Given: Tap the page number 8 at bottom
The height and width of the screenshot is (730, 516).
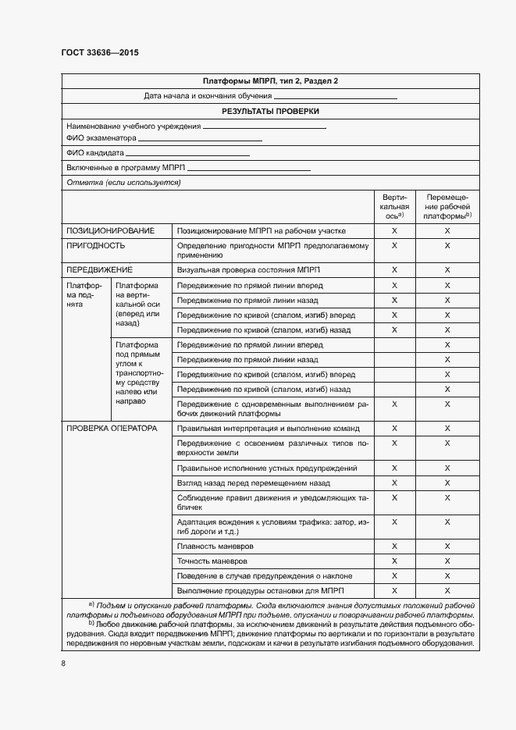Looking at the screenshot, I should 63,664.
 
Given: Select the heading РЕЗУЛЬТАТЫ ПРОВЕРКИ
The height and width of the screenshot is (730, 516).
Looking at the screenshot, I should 270,111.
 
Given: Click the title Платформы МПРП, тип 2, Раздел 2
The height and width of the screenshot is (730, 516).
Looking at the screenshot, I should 270,81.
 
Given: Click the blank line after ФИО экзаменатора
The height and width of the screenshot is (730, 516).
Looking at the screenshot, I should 199,140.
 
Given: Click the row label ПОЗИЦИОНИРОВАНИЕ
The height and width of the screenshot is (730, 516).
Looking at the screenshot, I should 110,231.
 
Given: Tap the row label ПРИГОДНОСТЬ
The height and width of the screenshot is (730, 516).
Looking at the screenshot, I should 96,245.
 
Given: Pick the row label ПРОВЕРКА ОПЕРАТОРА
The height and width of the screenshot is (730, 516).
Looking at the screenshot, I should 112,428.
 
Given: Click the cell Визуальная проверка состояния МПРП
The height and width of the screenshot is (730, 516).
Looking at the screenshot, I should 249,269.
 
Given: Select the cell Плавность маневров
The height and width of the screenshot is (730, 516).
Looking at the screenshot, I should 215,547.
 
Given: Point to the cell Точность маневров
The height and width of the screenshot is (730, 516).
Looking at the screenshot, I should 213,561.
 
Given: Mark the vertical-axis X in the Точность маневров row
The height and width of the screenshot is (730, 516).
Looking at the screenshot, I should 394,561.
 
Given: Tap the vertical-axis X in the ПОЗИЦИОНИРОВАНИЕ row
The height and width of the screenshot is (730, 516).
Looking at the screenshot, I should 394,231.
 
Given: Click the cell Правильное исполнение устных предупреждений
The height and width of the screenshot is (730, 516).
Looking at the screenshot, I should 267,468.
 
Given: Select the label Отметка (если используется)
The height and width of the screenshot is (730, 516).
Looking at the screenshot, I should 123,183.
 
